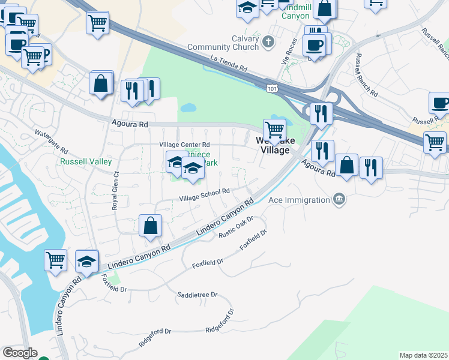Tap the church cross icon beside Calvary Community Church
click(268, 42)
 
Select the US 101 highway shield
click(273, 89)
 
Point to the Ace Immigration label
click(300, 199)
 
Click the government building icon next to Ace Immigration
click(339, 199)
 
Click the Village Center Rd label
click(184, 145)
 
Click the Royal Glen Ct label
click(115, 190)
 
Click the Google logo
click(20, 353)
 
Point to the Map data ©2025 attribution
click(423, 355)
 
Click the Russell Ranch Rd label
click(366, 76)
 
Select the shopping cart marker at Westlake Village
click(274, 130)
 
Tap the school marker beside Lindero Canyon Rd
click(87, 262)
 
